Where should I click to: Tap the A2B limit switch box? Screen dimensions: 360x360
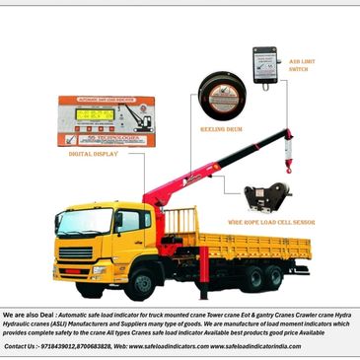pos(265,65)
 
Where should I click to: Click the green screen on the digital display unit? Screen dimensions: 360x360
pos(94,114)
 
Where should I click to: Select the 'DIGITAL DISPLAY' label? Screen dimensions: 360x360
pos(94,154)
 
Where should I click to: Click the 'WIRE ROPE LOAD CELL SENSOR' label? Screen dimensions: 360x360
pos(270,223)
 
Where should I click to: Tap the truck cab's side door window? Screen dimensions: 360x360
pos(129,222)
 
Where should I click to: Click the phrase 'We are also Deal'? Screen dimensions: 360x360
pos(29,312)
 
